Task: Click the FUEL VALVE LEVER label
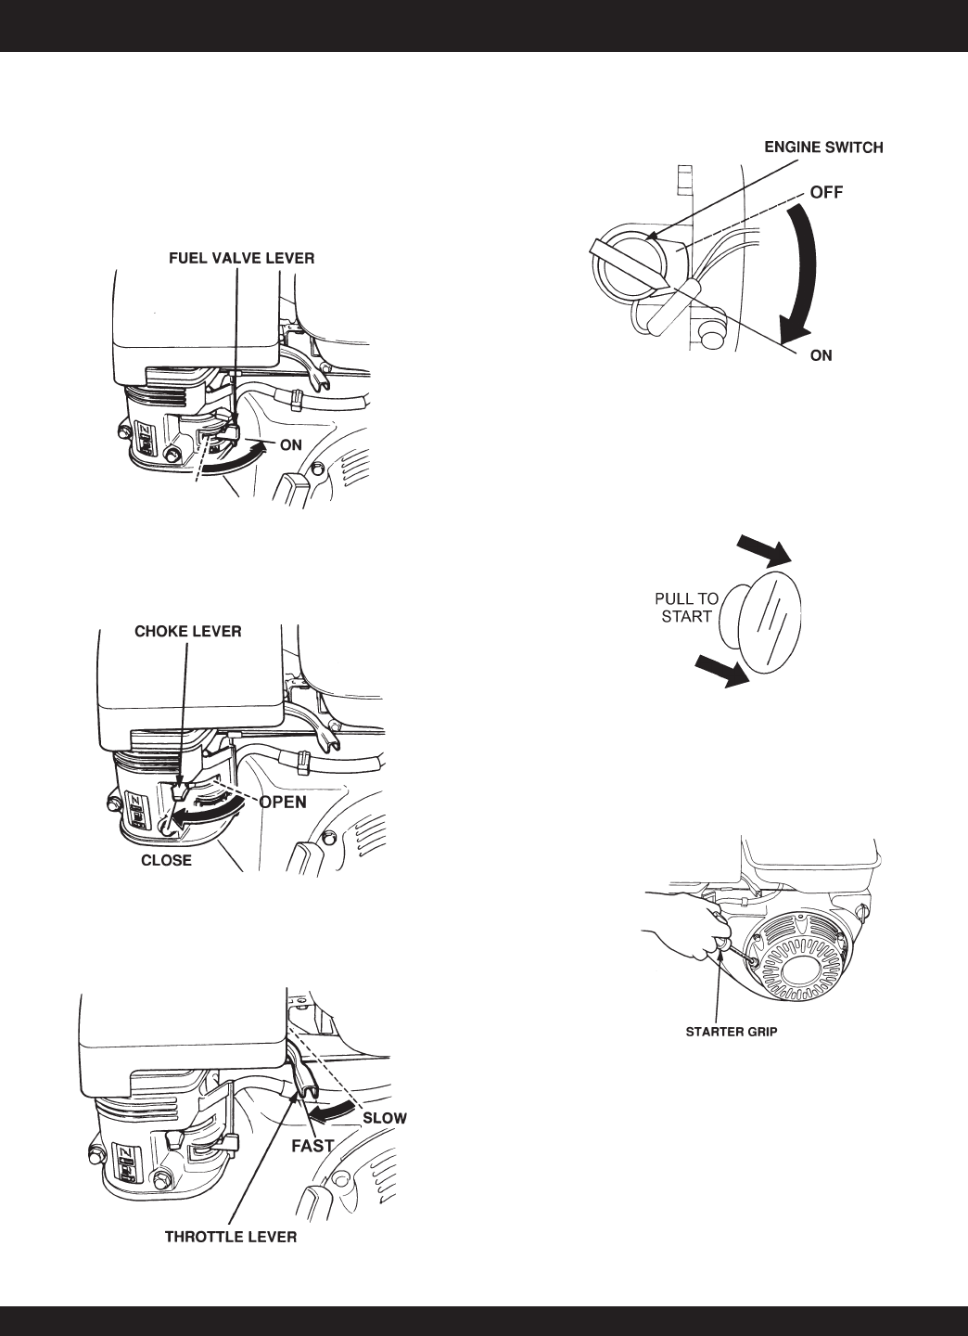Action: [x=241, y=259]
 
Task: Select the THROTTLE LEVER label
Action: [x=231, y=1237]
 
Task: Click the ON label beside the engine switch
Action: [x=821, y=355]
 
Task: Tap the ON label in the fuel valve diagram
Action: [x=291, y=444]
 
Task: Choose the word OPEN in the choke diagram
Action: [x=283, y=802]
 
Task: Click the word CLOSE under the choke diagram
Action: [x=166, y=860]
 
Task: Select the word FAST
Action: [x=312, y=1145]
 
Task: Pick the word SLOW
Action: [x=384, y=1118]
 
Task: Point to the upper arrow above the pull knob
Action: [x=765, y=548]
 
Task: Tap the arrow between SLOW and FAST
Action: [x=329, y=1110]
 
